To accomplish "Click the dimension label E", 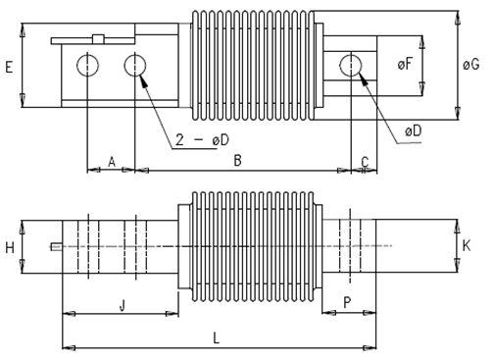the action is point(9,67).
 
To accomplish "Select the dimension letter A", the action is point(112,162).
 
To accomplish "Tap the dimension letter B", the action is point(237,161).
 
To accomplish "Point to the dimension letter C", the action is point(365,162).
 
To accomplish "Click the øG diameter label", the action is point(470,65).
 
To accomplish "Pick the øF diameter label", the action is point(405,64).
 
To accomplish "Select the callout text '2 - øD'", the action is point(202,140).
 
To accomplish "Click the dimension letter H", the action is point(10,247).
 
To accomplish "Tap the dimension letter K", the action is point(467,245).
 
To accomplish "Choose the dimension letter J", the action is point(122,306).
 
